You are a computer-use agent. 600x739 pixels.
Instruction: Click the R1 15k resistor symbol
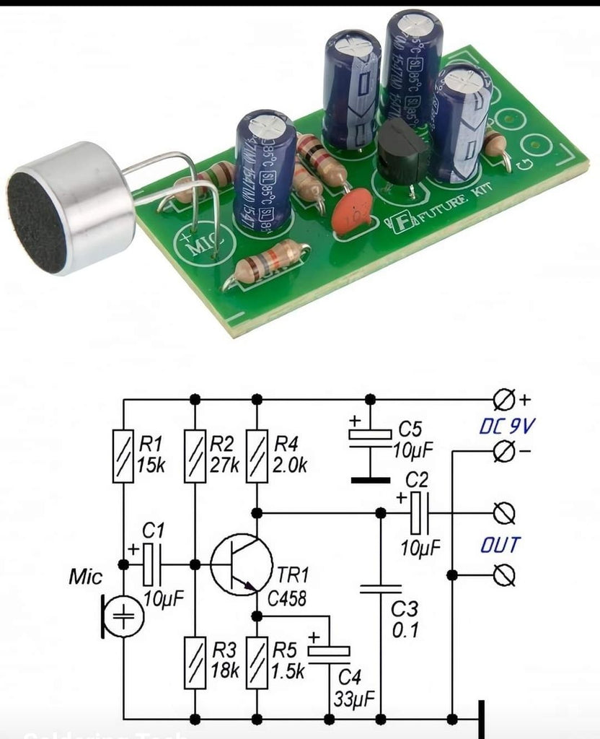tap(123, 455)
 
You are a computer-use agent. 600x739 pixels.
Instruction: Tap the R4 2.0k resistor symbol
tap(256, 455)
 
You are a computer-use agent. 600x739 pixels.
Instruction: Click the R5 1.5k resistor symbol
tap(256, 662)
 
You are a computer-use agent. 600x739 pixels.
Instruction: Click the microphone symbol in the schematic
tap(123, 617)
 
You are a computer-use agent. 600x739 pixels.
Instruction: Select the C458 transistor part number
tap(287, 599)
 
